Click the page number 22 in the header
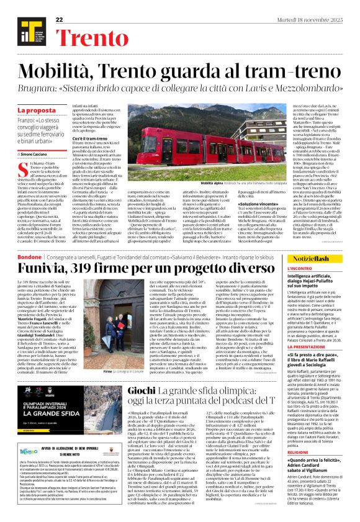coord(60,20)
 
